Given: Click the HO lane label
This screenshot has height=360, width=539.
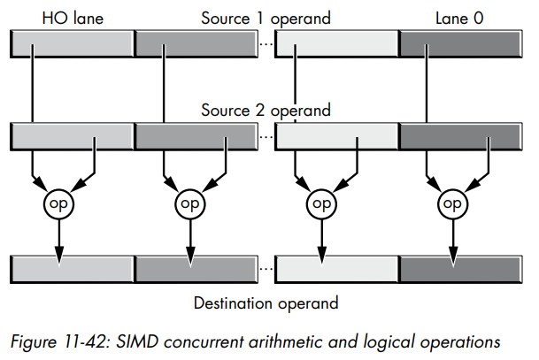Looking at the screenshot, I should click(x=72, y=17).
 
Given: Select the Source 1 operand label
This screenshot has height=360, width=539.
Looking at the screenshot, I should click(x=266, y=17).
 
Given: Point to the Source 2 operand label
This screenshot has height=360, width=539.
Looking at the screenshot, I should click(x=266, y=111).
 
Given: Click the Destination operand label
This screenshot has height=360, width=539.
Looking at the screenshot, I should click(x=266, y=303).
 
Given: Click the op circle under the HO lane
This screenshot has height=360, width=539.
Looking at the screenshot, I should click(x=58, y=203).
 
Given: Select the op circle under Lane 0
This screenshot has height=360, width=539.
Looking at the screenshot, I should click(x=453, y=203).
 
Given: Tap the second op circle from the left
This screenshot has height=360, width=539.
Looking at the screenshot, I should click(x=189, y=203).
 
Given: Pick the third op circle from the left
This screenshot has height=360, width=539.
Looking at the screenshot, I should click(x=321, y=203).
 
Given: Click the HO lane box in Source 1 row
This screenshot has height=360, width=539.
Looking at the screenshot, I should click(x=71, y=42).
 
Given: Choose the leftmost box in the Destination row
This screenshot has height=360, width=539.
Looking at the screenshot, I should click(x=71, y=268).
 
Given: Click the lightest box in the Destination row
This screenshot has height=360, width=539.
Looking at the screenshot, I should click(x=336, y=268).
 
